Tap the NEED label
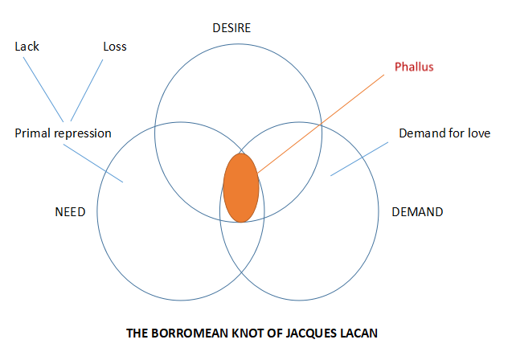[x=70, y=212]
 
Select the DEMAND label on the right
[x=416, y=212]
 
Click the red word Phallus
[x=414, y=67]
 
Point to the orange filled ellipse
[x=240, y=186]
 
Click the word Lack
[x=27, y=47]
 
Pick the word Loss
[x=115, y=47]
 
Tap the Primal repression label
[x=63, y=133]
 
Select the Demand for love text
[x=444, y=133]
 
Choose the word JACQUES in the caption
[x=317, y=330]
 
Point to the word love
[x=477, y=133]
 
